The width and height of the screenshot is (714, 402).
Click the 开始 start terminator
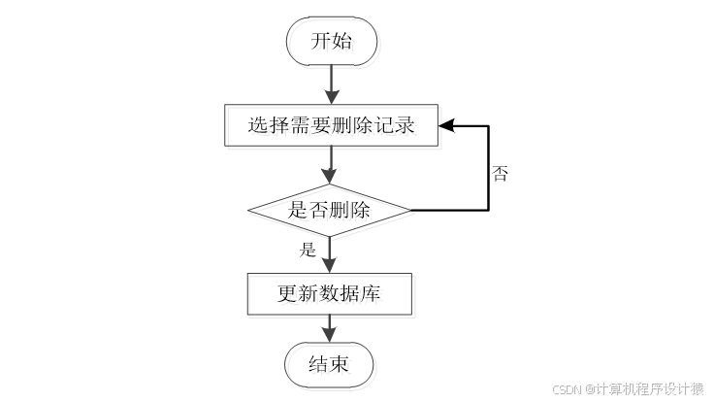[331, 42]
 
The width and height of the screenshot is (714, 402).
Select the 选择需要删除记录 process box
[331, 125]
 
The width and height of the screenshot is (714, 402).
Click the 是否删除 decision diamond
[331, 209]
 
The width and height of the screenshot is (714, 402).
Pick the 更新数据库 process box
[331, 293]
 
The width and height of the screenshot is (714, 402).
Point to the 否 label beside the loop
[501, 174]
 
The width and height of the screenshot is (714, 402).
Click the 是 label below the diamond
[308, 249]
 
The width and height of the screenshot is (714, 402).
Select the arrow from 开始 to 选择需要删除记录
[332, 84]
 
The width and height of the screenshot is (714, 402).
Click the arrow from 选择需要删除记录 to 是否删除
[332, 165]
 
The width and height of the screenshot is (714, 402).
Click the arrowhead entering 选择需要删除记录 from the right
[445, 125]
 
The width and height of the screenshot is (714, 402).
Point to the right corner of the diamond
[412, 209]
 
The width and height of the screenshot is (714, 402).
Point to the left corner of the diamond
[249, 209]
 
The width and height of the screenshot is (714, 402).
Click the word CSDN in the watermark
[567, 388]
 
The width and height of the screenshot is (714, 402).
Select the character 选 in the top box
[257, 125]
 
